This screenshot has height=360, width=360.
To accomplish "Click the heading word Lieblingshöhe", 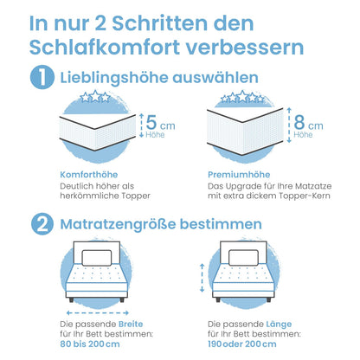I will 112,78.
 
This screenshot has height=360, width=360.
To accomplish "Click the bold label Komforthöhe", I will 87,174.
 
